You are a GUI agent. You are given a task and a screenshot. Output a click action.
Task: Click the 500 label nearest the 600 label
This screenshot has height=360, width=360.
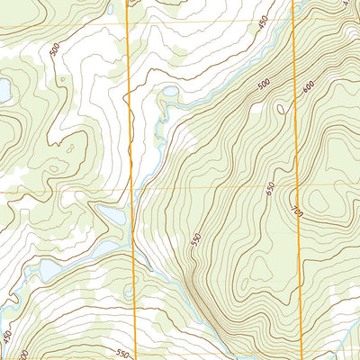tap(264, 85)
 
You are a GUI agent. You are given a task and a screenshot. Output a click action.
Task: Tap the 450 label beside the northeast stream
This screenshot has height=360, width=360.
tap(263, 23)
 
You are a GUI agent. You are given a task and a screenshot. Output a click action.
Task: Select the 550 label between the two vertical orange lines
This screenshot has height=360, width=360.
tap(196, 240)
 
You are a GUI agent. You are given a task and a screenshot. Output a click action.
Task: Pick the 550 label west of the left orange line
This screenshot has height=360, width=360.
tap(121, 351)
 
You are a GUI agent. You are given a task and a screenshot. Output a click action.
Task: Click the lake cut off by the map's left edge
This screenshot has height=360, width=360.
tap(4, 90)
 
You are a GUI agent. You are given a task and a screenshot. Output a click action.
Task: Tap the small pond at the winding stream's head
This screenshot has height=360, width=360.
tap(169, 90)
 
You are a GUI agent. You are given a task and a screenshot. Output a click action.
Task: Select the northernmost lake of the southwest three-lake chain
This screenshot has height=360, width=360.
tap(112, 215)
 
